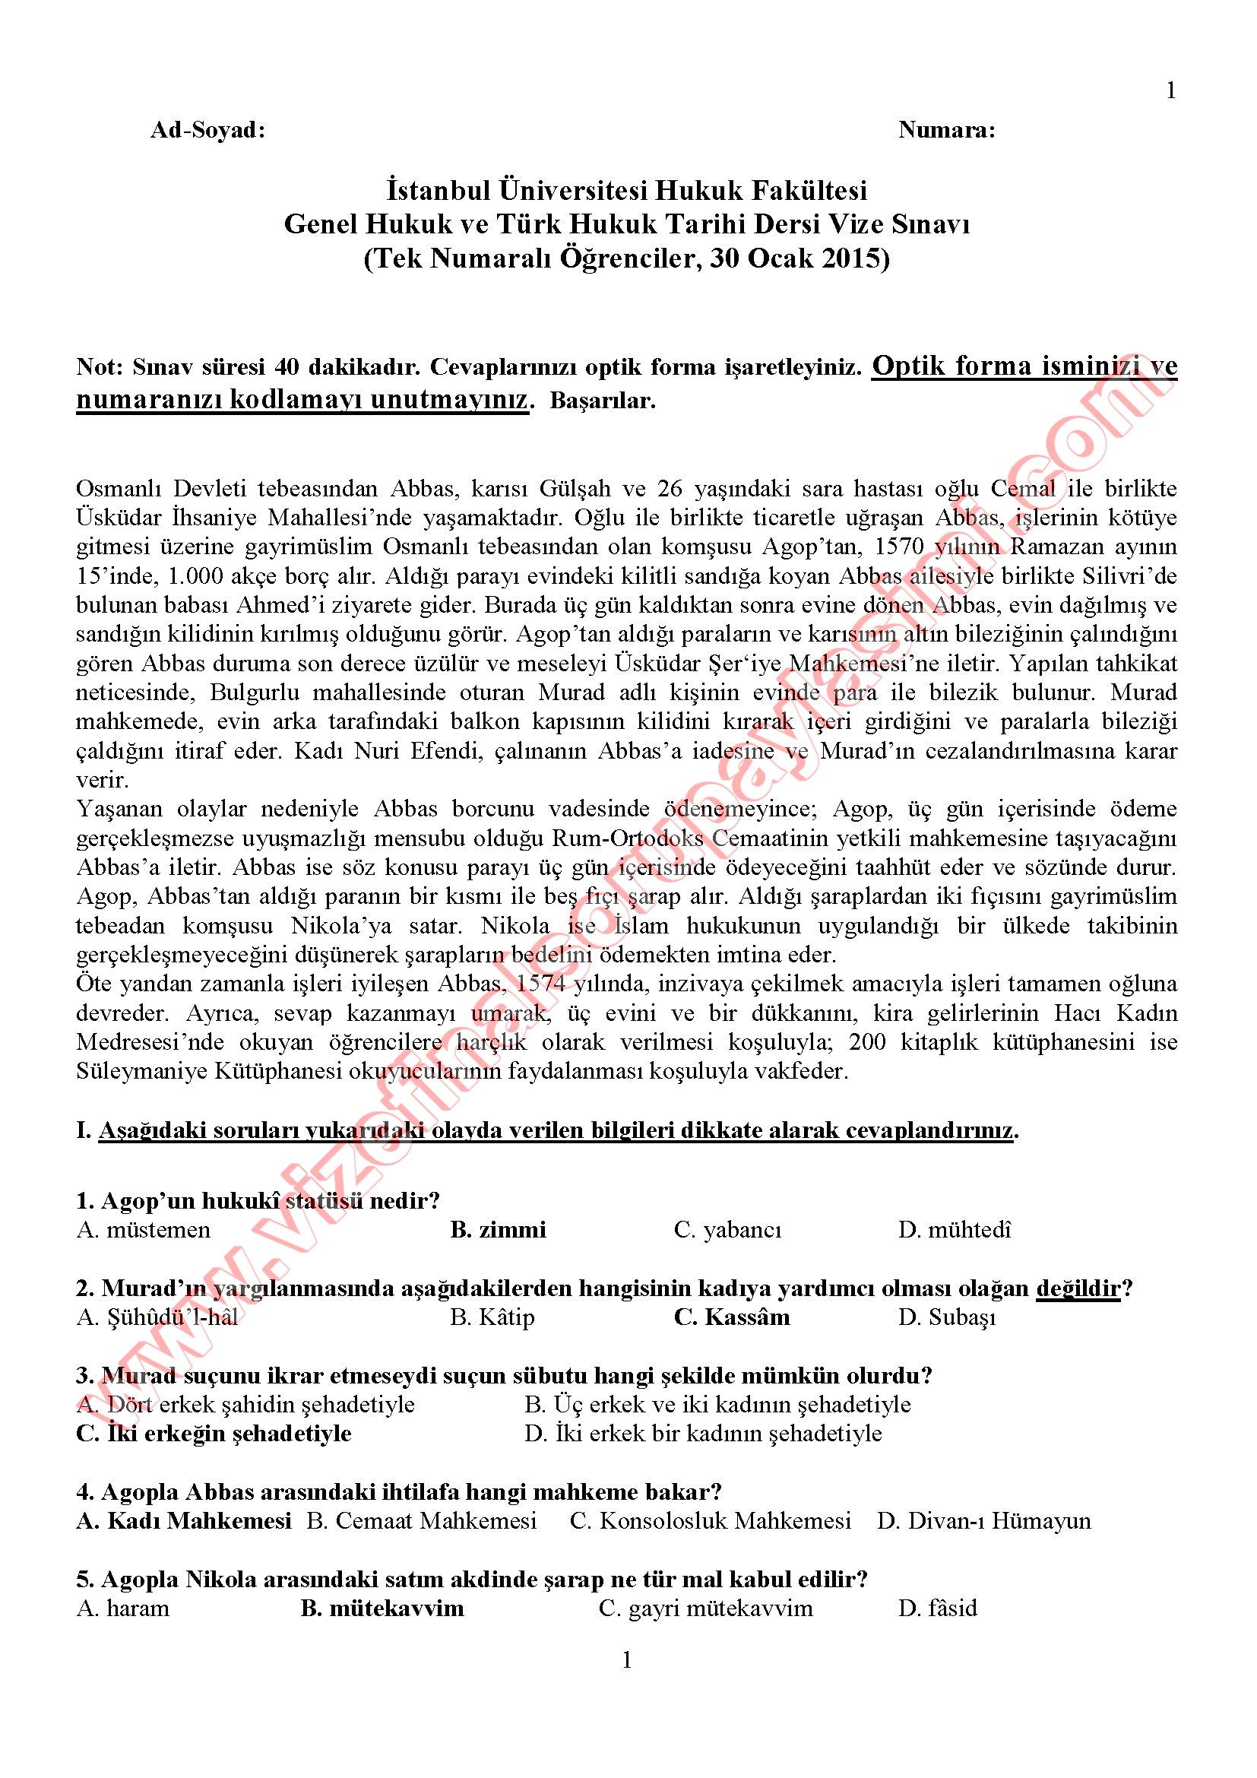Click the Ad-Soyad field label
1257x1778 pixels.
click(x=207, y=131)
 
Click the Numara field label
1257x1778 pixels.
click(x=946, y=131)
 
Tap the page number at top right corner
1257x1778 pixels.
click(x=1170, y=91)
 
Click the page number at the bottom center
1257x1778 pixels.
click(x=627, y=1660)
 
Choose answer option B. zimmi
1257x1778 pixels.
click(x=498, y=1230)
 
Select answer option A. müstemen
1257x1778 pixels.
click(x=143, y=1230)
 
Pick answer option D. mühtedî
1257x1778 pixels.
click(x=955, y=1230)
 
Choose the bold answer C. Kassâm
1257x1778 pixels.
click(x=731, y=1317)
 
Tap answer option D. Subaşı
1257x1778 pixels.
click(x=946, y=1317)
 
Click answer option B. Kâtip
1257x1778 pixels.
click(x=492, y=1317)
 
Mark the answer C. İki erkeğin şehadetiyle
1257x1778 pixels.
click(x=214, y=1434)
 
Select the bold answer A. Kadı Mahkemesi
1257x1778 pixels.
click(x=183, y=1521)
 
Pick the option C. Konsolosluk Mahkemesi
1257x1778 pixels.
click(x=710, y=1521)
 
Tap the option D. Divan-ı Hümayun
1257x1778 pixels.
click(x=983, y=1521)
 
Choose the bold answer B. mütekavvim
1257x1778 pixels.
click(x=382, y=1608)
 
